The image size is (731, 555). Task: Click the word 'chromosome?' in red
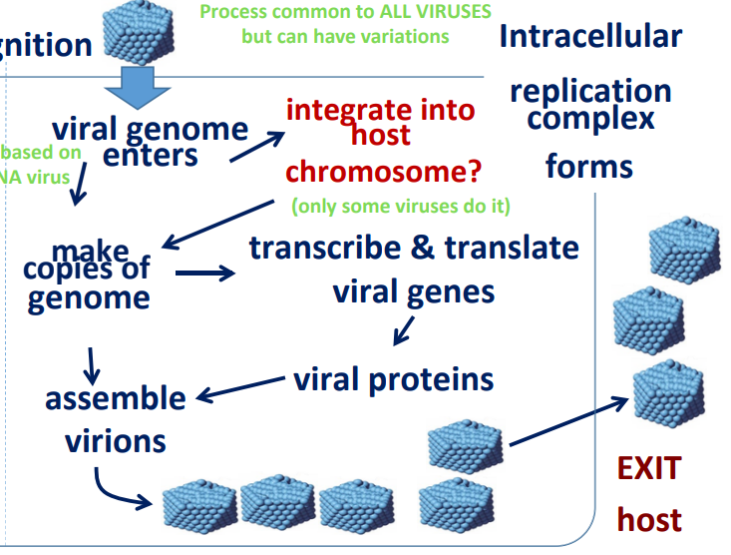point(383,171)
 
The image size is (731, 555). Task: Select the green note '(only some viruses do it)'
point(401,207)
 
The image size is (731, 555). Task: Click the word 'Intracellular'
point(590,37)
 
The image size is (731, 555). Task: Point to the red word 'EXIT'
point(648,468)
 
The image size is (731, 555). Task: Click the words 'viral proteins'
point(393,379)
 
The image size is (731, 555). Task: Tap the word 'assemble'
point(115,398)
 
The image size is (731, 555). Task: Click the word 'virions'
point(116,440)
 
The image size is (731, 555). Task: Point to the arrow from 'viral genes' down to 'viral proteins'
point(403,328)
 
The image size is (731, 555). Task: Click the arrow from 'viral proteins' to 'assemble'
point(240,389)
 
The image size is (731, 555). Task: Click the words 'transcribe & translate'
point(414,247)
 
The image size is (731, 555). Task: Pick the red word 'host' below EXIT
point(648,519)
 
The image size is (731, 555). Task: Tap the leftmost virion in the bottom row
point(197,505)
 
